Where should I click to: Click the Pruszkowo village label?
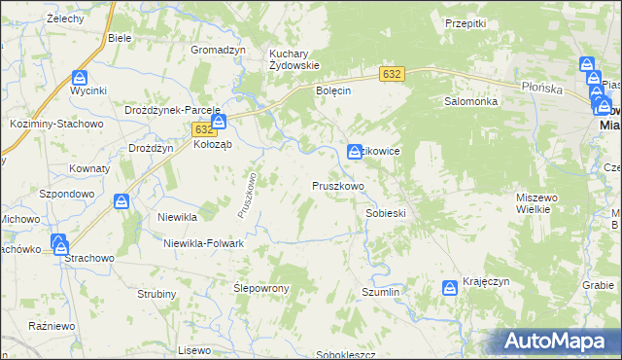pyautogui.click(x=337, y=185)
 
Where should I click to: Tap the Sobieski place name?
pyautogui.click(x=385, y=213)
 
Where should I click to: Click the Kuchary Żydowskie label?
pyautogui.click(x=294, y=58)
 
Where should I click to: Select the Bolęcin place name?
pyautogui.click(x=333, y=90)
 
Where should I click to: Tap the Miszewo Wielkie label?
pyautogui.click(x=536, y=202)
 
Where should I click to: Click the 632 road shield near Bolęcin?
pyautogui.click(x=392, y=74)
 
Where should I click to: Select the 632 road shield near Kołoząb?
pyautogui.click(x=203, y=128)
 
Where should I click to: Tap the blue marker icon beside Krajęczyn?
pyautogui.click(x=450, y=287)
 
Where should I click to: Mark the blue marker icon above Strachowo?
pyautogui.click(x=59, y=242)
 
